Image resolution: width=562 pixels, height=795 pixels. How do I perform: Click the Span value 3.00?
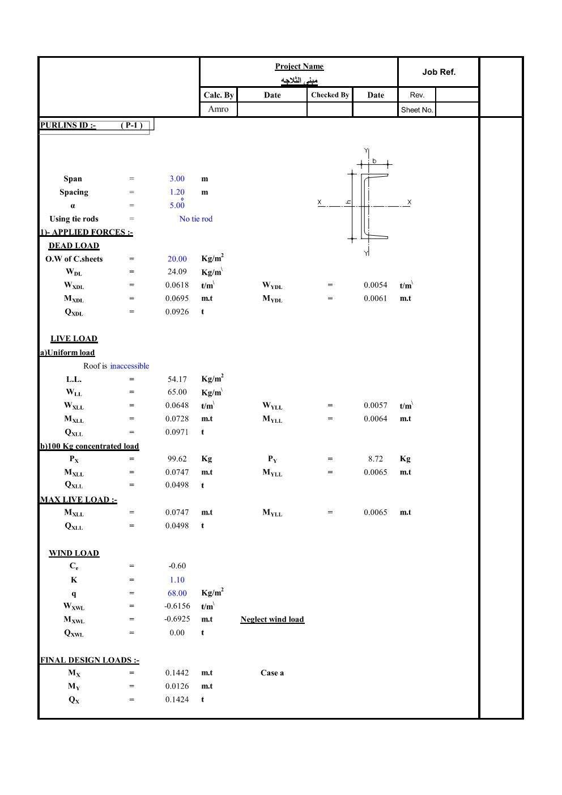tap(177, 179)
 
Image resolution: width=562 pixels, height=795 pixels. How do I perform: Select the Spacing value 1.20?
tap(177, 192)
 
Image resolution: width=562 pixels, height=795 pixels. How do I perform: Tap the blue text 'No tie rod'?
tap(195, 219)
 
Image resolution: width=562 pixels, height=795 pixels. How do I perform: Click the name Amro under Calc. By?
tap(218, 109)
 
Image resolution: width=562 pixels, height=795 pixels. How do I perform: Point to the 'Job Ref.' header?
tap(438, 72)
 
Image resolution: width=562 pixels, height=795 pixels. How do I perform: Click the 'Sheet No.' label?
tap(417, 110)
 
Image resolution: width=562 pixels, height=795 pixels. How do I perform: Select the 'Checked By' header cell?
tap(330, 95)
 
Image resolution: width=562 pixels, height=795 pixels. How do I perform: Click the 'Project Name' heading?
tap(299, 66)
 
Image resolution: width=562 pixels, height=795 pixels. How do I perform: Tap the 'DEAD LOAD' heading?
tap(74, 246)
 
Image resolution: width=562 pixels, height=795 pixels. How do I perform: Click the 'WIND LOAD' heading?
tap(74, 553)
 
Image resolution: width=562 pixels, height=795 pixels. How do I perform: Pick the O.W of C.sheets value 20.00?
tap(177, 259)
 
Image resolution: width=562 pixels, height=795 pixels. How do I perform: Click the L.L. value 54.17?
tap(177, 379)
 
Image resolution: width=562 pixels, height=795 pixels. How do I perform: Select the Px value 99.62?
tap(177, 459)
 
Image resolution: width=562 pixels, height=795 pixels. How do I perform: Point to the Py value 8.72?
tap(375, 459)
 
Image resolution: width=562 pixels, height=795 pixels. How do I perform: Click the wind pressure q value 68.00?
tap(177, 593)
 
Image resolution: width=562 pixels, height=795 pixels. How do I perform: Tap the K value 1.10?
tap(177, 580)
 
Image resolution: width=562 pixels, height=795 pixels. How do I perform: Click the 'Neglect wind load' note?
tap(272, 619)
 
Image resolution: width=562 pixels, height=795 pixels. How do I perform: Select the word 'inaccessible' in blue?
tap(130, 366)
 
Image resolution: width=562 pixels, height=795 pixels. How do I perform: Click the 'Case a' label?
tap(272, 673)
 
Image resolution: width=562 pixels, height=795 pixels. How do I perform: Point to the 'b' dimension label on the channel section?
tap(374, 161)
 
